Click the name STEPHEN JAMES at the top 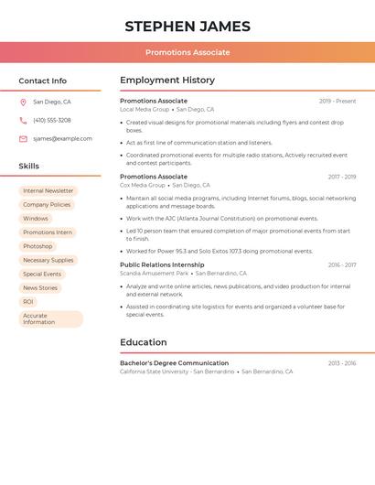[187, 27]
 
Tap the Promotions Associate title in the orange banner [187, 52]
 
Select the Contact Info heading [42, 81]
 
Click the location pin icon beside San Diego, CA [23, 102]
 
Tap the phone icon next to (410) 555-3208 [23, 121]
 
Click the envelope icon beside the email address [23, 139]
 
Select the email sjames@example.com [62, 139]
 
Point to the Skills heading [28, 167]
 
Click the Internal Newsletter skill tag [48, 191]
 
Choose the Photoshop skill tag [37, 246]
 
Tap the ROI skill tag [28, 301]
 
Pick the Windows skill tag [36, 219]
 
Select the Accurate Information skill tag [50, 318]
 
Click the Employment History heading [167, 81]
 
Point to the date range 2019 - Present [337, 102]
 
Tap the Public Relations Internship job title [162, 264]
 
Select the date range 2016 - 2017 [342, 265]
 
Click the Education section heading [144, 342]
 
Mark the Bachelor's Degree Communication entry [174, 363]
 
